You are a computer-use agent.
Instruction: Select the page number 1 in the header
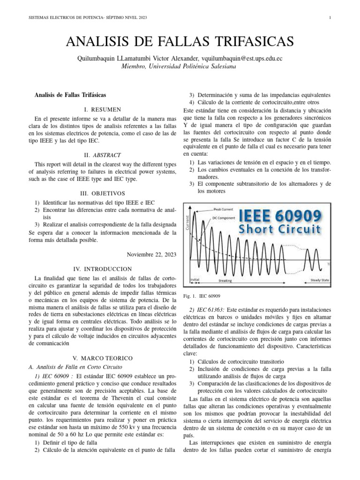(330, 18)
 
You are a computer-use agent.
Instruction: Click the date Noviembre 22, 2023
(151, 254)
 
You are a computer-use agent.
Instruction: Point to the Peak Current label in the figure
(223, 209)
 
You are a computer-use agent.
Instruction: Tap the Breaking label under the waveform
(225, 280)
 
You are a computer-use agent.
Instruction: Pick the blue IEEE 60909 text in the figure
(280, 216)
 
